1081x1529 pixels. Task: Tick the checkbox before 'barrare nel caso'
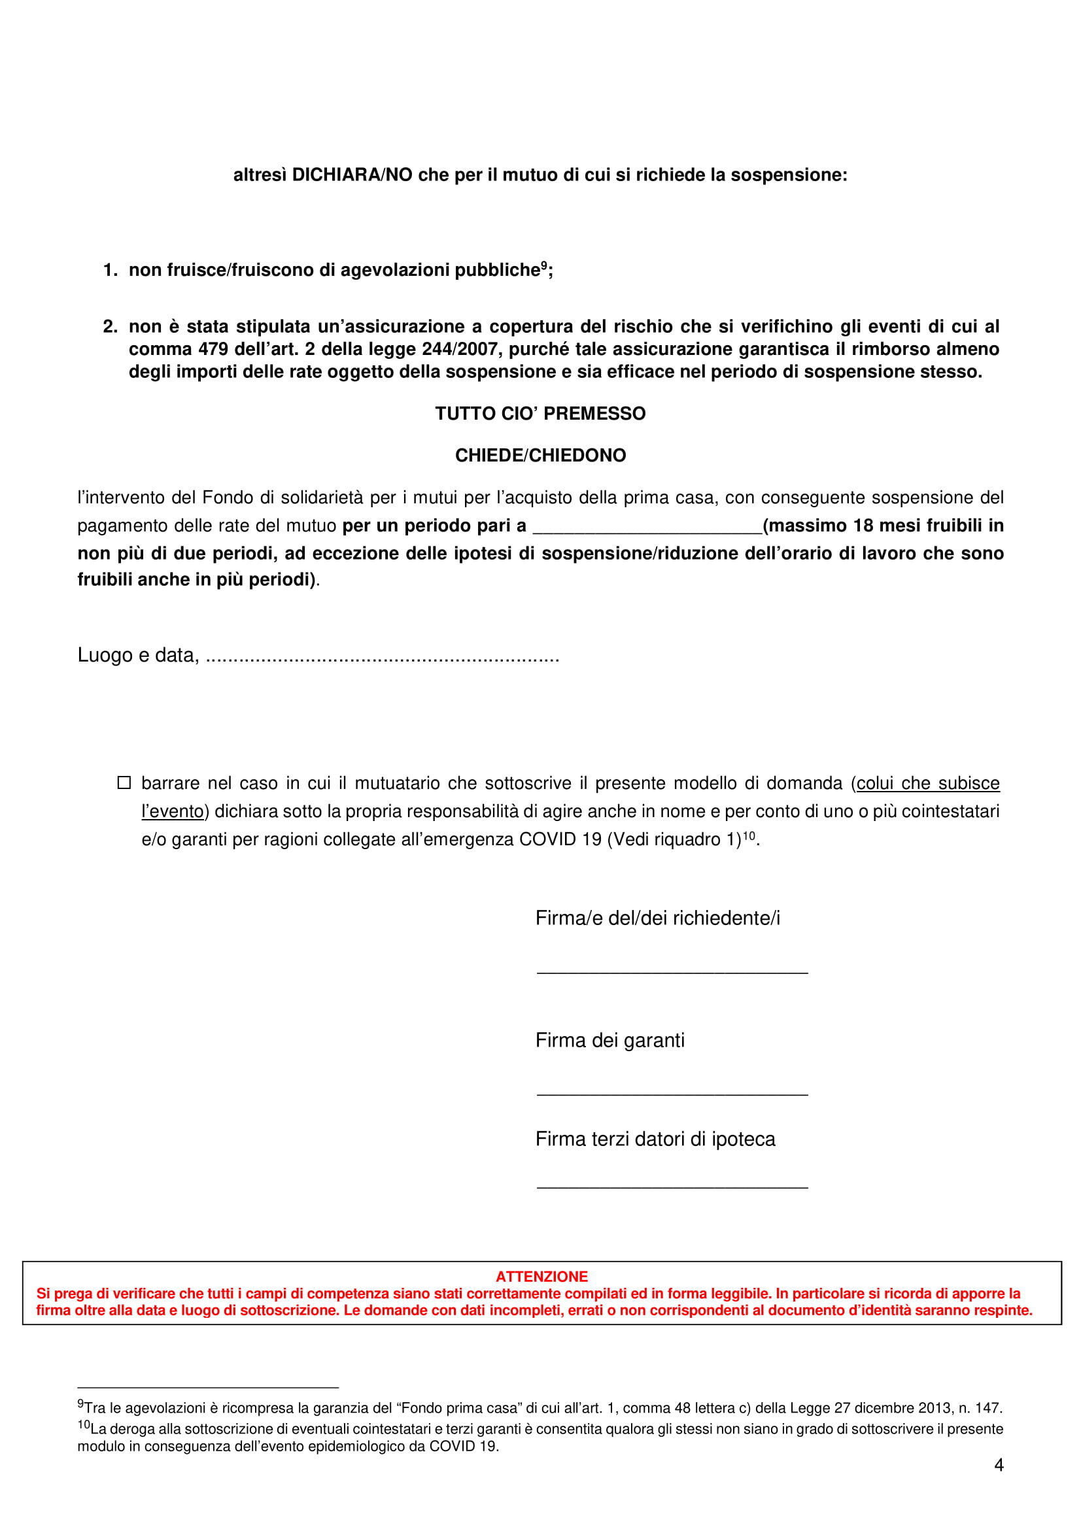tap(124, 782)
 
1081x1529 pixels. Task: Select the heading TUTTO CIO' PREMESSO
tap(540, 414)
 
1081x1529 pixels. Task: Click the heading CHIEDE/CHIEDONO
tap(540, 456)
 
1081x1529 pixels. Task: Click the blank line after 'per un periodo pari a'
tap(647, 528)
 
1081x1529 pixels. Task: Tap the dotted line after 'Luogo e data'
tap(383, 657)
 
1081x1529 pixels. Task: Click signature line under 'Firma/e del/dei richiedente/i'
tap(672, 973)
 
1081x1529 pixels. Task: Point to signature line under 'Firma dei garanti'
tap(672, 1095)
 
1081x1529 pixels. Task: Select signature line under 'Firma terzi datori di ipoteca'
tap(672, 1186)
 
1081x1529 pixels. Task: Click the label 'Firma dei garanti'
tap(609, 1040)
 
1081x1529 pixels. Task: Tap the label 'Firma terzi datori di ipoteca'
tap(655, 1139)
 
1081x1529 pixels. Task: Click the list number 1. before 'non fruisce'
tap(111, 271)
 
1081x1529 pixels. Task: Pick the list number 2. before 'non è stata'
tap(111, 327)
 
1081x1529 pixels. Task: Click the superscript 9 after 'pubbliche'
tap(543, 265)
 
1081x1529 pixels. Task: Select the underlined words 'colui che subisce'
tap(928, 783)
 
